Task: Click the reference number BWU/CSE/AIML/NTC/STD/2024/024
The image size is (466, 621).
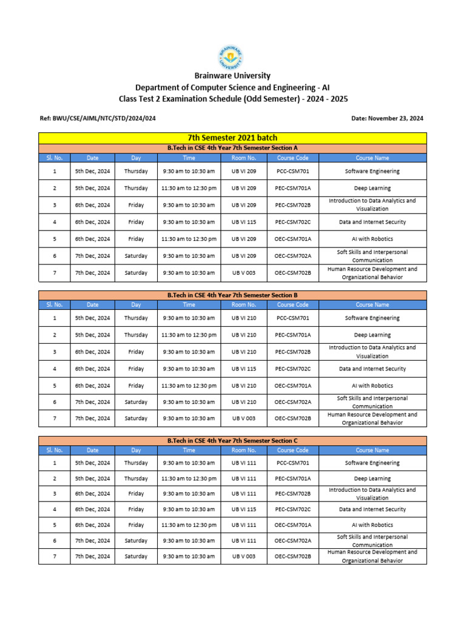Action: pyautogui.click(x=97, y=118)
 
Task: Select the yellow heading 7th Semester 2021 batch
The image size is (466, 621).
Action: pyautogui.click(x=232, y=138)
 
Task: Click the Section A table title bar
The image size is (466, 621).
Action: pyautogui.click(x=232, y=147)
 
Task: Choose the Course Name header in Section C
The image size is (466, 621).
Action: pyautogui.click(x=372, y=450)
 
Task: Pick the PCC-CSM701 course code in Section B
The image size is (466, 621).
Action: pyautogui.click(x=293, y=318)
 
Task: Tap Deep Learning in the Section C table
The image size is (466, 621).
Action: pyautogui.click(x=372, y=478)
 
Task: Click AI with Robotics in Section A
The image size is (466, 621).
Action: pyautogui.click(x=372, y=239)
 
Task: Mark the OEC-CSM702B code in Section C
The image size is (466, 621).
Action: pyautogui.click(x=293, y=556)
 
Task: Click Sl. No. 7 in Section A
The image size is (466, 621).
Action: pyautogui.click(x=55, y=273)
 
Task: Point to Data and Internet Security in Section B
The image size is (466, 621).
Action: pyautogui.click(x=372, y=368)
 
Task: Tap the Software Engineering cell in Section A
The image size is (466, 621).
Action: pyautogui.click(x=372, y=171)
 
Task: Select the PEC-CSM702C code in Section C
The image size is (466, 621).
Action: pyautogui.click(x=293, y=509)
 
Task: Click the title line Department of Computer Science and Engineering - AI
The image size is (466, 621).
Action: pyautogui.click(x=232, y=87)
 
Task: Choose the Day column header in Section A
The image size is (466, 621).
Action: pyautogui.click(x=136, y=158)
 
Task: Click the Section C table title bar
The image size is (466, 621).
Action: pyautogui.click(x=232, y=440)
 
